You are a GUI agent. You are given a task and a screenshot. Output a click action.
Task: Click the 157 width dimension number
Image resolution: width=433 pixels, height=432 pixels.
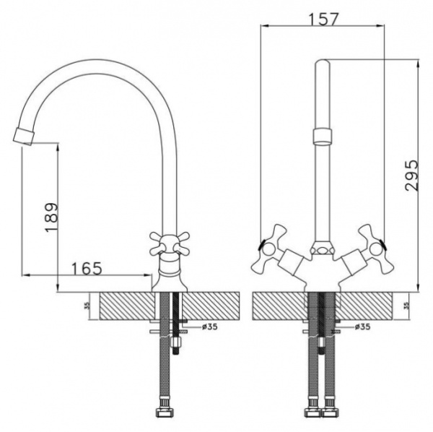coord(323,19)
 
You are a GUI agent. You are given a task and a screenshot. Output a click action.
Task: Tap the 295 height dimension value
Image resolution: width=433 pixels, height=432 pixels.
coord(412,176)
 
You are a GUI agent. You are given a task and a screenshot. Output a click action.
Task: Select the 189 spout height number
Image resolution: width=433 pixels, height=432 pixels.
coord(51,217)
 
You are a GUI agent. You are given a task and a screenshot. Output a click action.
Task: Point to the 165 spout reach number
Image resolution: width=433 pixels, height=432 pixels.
coord(87,268)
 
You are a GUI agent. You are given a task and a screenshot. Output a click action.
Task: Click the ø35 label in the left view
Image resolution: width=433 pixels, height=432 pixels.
coord(209,327)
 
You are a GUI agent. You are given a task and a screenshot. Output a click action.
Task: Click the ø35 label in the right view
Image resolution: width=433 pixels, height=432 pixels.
coord(362,327)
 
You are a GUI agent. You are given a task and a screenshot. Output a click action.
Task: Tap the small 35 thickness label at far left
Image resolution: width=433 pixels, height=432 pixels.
coord(88,306)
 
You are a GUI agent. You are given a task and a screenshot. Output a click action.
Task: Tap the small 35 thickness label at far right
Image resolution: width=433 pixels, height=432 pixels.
coord(406,306)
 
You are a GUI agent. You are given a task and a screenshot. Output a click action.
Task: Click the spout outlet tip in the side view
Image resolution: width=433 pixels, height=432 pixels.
coord(24,137)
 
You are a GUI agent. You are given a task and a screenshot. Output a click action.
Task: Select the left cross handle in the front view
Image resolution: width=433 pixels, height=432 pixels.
coord(268,251)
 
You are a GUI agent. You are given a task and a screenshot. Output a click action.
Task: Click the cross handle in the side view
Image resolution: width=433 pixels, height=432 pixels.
coord(170,243)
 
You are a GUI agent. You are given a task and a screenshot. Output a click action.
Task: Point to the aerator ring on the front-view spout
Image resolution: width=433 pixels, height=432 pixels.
coord(323,136)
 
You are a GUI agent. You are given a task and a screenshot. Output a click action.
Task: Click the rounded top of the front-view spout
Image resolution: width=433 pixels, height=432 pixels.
coord(323,62)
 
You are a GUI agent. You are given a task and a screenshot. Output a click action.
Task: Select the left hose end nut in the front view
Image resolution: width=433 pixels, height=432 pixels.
coord(312,413)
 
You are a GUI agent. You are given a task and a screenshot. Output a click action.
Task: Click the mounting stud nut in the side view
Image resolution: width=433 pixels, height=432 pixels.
coord(176,342)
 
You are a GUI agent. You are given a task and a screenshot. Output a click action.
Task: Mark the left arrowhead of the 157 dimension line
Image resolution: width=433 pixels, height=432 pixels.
coord(265,26)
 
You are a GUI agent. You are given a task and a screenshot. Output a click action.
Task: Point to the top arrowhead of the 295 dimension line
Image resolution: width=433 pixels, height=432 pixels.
coord(419,64)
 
